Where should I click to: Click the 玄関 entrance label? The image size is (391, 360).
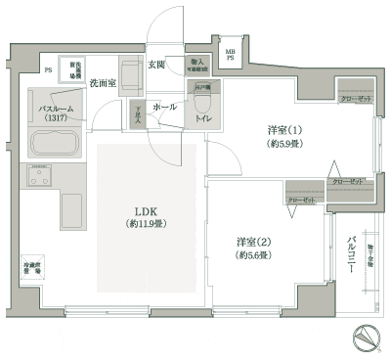[x=156, y=65]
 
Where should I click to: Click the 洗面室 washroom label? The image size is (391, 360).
[x=105, y=83]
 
